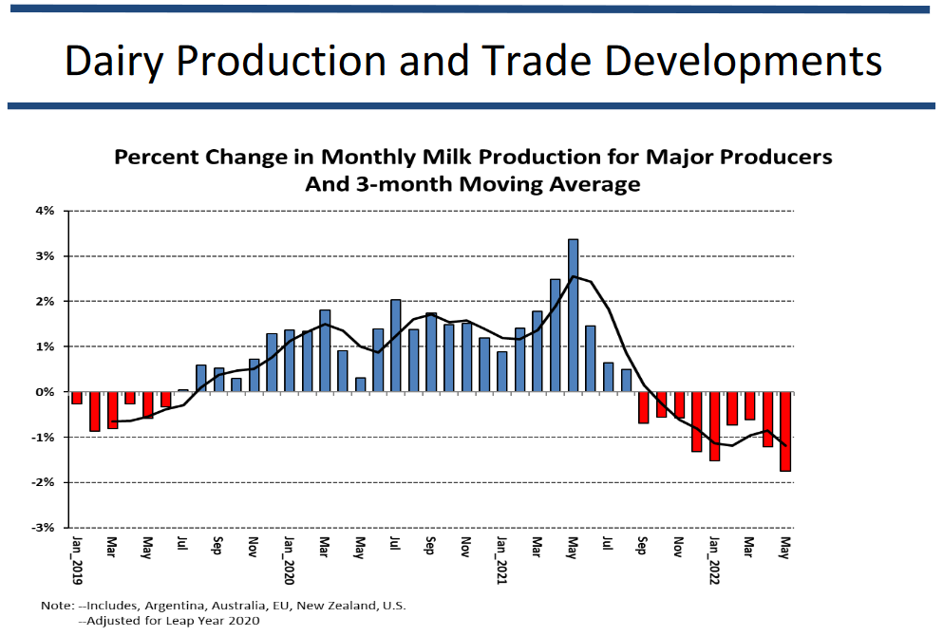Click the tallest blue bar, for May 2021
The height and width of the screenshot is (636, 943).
[x=574, y=315]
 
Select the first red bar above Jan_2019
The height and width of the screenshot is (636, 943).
[x=77, y=398]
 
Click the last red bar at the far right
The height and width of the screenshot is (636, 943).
[x=785, y=431]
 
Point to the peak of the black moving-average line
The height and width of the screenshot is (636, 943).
[x=574, y=277]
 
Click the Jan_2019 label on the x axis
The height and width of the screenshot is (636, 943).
[x=77, y=561]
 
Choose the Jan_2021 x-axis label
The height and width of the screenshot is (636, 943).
[x=502, y=561]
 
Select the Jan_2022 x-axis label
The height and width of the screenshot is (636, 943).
[x=715, y=561]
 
